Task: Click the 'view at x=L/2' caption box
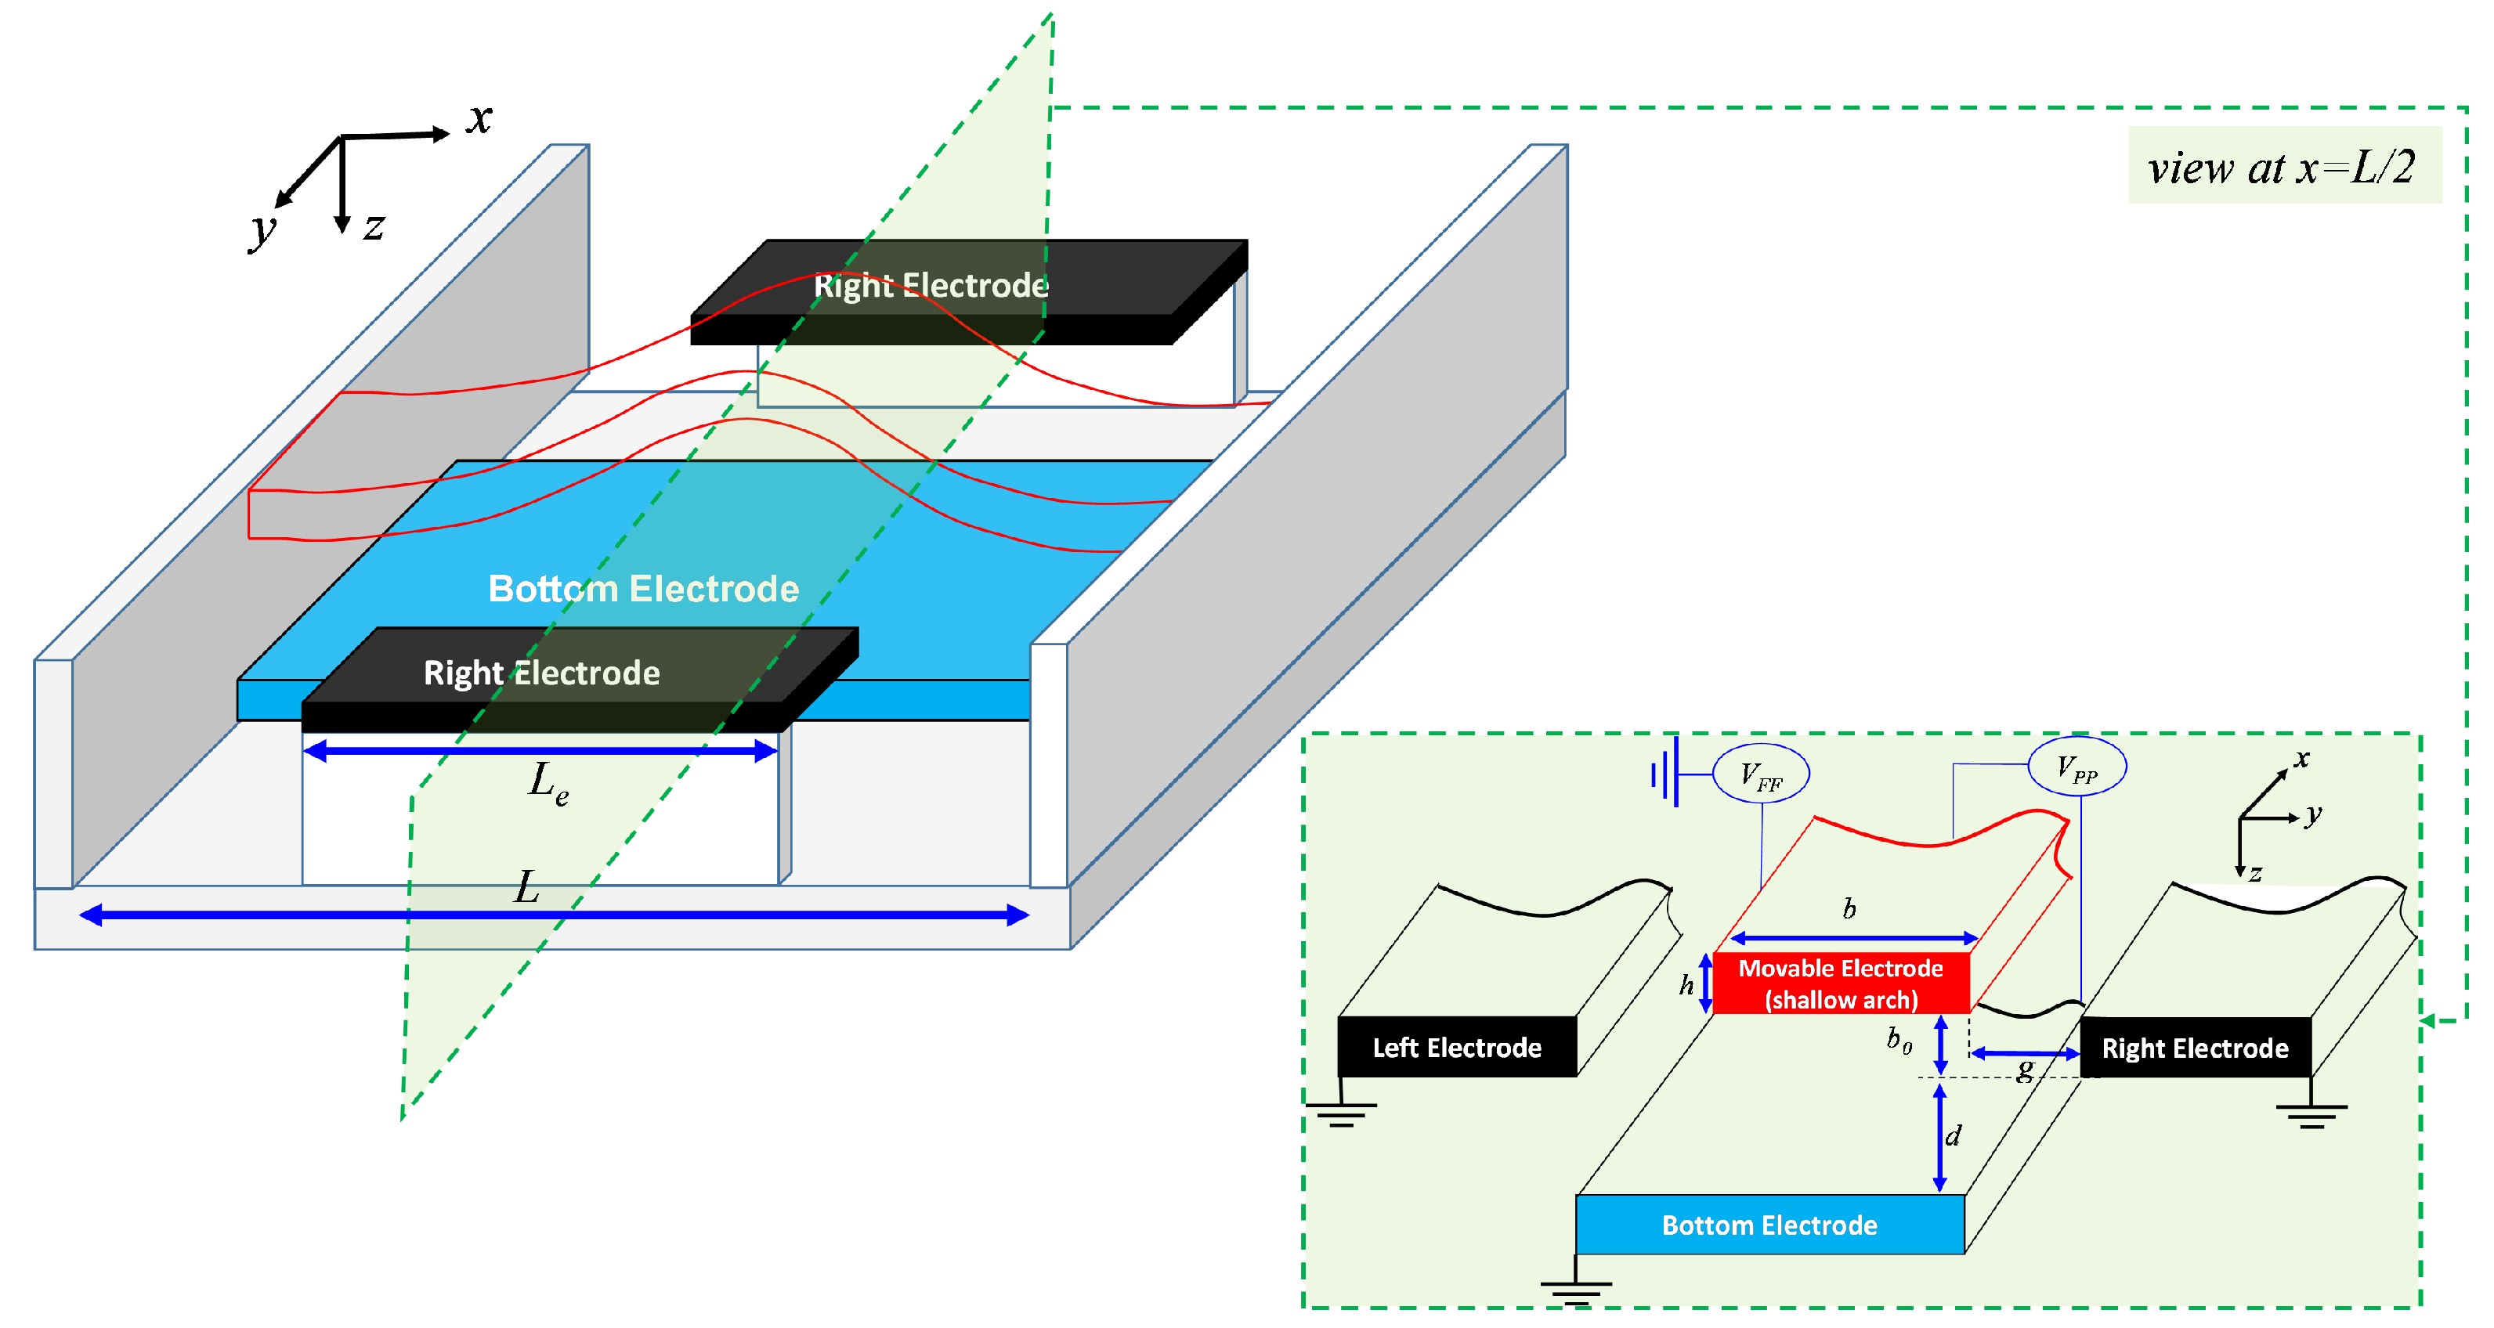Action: (2283, 167)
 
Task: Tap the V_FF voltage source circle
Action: (1760, 774)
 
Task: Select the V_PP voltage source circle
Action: (2077, 767)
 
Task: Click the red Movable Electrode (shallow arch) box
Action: (1841, 983)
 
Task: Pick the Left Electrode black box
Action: (1457, 1048)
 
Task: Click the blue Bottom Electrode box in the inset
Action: (1769, 1225)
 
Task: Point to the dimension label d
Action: (1953, 1135)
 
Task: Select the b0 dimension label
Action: (1899, 1040)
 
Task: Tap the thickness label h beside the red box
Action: (1686, 984)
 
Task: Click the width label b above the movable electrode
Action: (1849, 909)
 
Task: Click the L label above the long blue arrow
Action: (526, 886)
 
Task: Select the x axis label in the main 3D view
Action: (479, 119)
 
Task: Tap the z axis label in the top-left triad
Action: (374, 226)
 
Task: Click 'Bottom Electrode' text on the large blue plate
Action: (643, 589)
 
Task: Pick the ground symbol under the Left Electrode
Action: (1341, 1114)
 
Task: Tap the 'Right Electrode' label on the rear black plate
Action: (930, 286)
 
